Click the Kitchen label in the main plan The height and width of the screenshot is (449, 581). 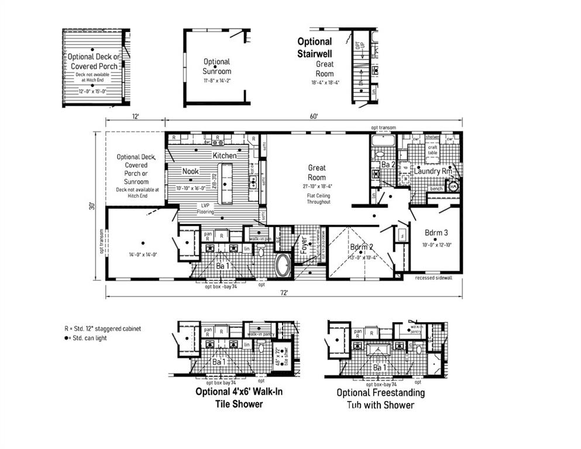(x=224, y=156)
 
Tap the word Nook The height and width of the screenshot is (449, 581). (x=190, y=171)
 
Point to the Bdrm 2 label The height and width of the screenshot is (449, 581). (x=363, y=247)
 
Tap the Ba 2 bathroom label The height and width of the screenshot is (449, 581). (x=389, y=165)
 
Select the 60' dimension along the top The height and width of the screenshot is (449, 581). (x=314, y=116)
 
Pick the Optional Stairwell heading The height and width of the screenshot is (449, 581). (x=314, y=47)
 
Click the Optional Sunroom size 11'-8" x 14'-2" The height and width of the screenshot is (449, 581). (x=216, y=80)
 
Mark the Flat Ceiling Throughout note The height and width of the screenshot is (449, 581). (x=318, y=198)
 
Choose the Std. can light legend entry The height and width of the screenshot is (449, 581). (x=88, y=338)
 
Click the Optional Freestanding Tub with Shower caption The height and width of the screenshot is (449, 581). (x=381, y=399)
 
